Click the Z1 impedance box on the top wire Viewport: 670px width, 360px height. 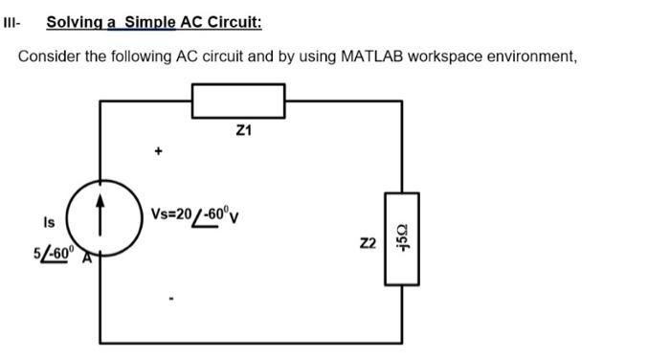(x=239, y=98)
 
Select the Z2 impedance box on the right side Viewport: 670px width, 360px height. (x=400, y=237)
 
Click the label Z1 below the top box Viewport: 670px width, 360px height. (x=241, y=131)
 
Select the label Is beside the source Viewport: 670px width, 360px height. (x=48, y=222)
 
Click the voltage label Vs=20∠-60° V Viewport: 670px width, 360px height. (x=196, y=213)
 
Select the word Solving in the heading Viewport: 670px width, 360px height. (x=77, y=22)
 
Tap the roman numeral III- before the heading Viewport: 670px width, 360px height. (x=13, y=22)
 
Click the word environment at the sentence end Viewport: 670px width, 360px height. (x=534, y=56)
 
